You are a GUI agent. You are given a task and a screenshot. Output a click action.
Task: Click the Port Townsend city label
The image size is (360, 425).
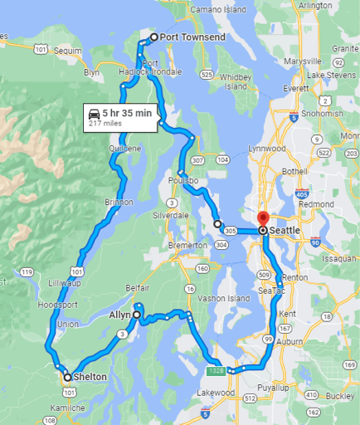tap(192, 37)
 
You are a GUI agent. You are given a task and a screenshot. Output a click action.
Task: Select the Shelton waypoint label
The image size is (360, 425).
tap(90, 377)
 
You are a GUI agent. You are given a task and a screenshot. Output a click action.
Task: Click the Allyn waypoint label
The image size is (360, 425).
tap(120, 315)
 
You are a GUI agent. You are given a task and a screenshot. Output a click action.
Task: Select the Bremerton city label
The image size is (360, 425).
tap(187, 246)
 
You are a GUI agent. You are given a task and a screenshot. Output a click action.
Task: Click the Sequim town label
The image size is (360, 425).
tap(68, 50)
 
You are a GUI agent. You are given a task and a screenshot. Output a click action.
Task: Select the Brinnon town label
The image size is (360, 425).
tap(119, 202)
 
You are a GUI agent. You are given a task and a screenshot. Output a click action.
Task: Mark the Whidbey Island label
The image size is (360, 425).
tap(237, 81)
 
